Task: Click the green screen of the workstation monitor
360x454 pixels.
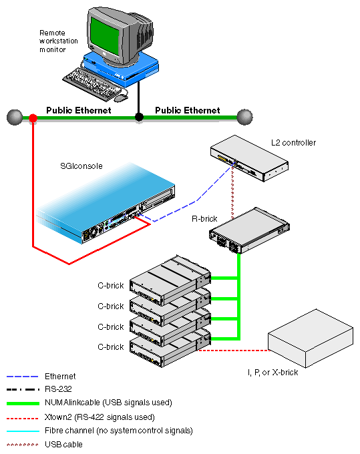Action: click(105, 35)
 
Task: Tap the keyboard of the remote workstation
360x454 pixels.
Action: click(92, 83)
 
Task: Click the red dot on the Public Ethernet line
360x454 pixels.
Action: click(33, 118)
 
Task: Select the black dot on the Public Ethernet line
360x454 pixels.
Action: click(139, 117)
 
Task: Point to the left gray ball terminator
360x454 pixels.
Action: click(15, 118)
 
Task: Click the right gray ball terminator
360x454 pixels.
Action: click(244, 117)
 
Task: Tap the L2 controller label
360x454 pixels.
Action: click(293, 143)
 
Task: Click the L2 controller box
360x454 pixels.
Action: click(249, 158)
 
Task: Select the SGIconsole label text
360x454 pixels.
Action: click(81, 166)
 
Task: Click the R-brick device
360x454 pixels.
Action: click(249, 230)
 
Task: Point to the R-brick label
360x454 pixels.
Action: click(204, 218)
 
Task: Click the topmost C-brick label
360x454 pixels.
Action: click(111, 286)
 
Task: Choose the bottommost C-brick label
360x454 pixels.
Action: click(111, 347)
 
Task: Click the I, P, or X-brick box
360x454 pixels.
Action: click(311, 338)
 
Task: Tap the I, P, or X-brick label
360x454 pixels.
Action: click(273, 373)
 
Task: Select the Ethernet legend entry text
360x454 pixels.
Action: click(60, 376)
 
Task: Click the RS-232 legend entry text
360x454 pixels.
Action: click(58, 389)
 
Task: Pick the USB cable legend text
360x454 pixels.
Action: click(63, 444)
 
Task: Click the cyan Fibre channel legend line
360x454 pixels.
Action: click(23, 431)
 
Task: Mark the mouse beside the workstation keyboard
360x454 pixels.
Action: click(121, 98)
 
